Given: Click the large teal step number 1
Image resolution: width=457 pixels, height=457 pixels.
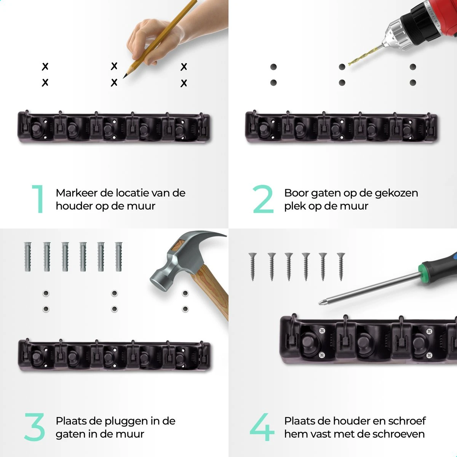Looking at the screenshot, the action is [39, 199].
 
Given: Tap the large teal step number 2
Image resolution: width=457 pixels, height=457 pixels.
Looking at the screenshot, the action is [263, 199].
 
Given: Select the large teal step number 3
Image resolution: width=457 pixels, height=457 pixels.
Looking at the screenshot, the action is [35, 427].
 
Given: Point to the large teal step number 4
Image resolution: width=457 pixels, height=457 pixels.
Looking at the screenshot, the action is [262, 427].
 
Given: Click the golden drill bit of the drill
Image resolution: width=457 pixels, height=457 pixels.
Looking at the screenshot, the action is [365, 55].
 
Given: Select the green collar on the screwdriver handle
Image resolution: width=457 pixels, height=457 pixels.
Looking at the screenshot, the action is [421, 270].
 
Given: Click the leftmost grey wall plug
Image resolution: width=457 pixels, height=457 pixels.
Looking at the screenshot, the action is [28, 257].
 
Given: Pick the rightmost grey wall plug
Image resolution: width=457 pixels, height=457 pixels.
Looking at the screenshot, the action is [118, 257].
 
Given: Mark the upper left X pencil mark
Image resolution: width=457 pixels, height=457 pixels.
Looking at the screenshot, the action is [45, 66].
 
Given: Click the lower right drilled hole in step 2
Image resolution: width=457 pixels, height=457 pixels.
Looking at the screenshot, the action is [413, 83].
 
